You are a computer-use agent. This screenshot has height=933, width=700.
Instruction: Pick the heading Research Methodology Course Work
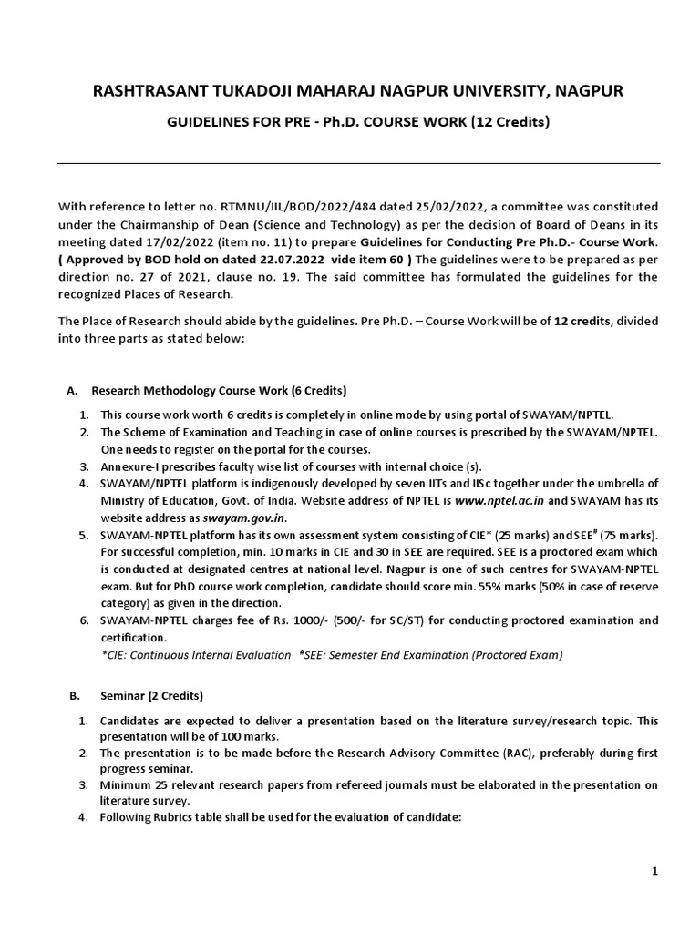coord(190,391)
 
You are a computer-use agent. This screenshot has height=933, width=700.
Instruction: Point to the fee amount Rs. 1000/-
coord(278,620)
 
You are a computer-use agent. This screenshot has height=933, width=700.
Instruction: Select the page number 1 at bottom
coord(654,872)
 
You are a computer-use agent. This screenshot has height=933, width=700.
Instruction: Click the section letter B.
coord(74,696)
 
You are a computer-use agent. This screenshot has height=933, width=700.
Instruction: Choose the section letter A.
coord(72,391)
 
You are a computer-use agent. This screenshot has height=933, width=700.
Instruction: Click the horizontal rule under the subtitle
coord(358,164)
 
